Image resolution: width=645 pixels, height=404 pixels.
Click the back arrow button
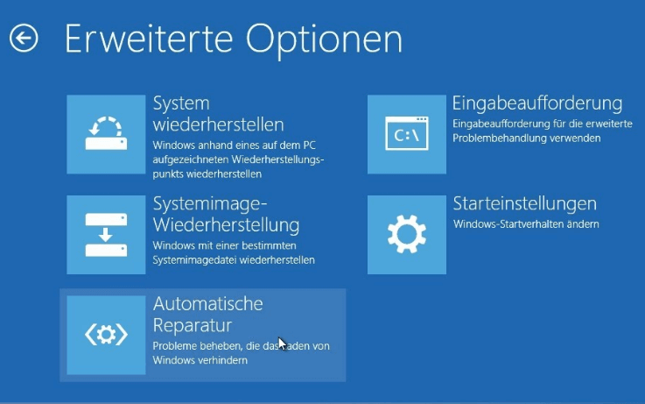[24, 38]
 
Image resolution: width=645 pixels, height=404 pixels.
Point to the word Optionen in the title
[324, 40]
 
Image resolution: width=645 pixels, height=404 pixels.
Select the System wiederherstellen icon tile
[106, 134]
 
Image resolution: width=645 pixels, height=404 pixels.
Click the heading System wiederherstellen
[218, 114]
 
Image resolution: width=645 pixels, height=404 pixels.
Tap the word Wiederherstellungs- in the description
[277, 159]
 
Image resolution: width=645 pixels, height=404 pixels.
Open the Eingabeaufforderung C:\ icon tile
[406, 134]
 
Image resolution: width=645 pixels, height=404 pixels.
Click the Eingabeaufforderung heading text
[537, 103]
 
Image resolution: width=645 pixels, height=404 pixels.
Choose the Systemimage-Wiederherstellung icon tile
[106, 235]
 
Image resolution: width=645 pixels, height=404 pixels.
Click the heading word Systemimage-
[210, 204]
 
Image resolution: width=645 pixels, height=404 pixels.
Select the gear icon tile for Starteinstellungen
[406, 235]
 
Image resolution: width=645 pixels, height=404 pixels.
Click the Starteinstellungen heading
[524, 203]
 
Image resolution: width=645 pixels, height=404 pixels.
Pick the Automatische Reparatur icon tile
[106, 335]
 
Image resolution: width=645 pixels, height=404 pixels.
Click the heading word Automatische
[207, 304]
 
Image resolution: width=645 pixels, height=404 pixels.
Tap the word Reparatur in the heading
[193, 326]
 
